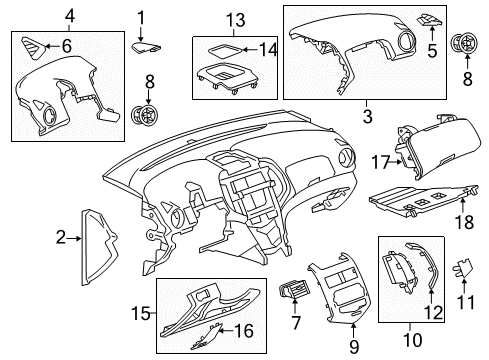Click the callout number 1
click(x=141, y=16)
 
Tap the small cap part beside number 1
click(x=146, y=43)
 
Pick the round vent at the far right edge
click(x=464, y=44)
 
